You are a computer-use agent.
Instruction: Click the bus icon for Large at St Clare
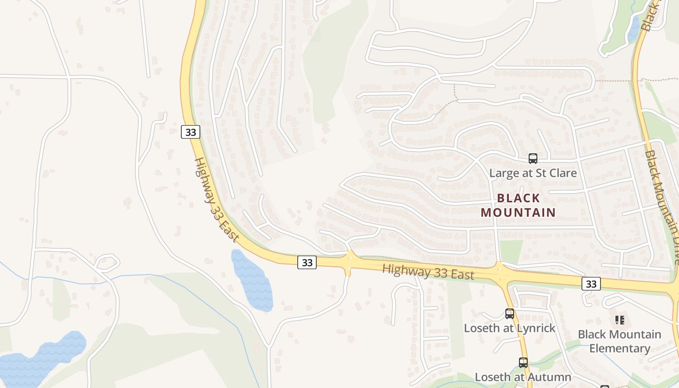[x=533, y=158]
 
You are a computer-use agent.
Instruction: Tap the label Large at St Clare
[x=533, y=173]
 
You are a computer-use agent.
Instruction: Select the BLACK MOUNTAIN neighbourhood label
[x=518, y=205]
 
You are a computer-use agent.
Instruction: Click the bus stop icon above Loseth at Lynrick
[x=509, y=313]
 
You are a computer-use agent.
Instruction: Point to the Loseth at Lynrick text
[x=509, y=328]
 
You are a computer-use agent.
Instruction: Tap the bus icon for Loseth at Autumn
[x=523, y=362]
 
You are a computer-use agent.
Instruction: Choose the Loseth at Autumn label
[x=523, y=377]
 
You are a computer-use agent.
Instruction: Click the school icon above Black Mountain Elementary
[x=619, y=320]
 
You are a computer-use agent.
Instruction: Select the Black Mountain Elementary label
[x=619, y=341]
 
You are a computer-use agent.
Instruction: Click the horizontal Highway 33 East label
[x=428, y=272]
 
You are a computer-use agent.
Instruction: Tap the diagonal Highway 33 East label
[x=216, y=200]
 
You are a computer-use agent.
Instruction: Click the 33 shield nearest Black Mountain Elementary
[x=591, y=284]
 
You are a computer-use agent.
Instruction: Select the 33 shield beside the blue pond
[x=307, y=262]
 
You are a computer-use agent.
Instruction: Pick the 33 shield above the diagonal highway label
[x=191, y=132]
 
